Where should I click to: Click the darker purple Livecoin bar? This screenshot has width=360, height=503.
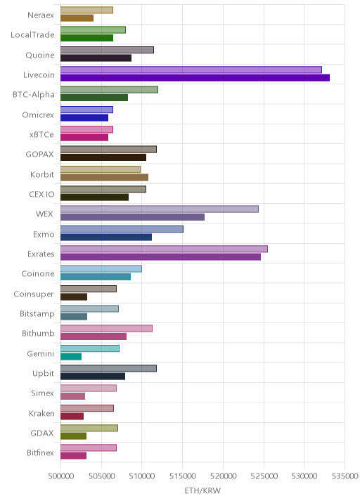[195, 78]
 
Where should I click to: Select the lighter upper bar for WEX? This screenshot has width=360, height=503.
[160, 209]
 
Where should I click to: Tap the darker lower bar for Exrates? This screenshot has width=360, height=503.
[160, 257]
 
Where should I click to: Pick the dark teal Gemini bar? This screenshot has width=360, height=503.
[71, 356]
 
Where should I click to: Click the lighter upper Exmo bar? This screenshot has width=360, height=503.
[122, 229]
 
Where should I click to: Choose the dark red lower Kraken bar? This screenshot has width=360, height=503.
[72, 416]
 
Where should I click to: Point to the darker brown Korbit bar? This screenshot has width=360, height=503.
[104, 178]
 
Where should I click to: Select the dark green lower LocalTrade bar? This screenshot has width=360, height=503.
[86, 38]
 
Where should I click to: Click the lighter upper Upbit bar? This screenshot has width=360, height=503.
[108, 368]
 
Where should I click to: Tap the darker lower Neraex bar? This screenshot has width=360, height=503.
[77, 18]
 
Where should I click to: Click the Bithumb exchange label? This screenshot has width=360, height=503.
[38, 333]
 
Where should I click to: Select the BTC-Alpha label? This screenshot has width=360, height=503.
[34, 94]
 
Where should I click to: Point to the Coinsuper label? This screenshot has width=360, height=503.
[34, 294]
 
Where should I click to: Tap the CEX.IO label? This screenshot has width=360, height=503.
[41, 194]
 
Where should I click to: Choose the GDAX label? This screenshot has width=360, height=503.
[42, 433]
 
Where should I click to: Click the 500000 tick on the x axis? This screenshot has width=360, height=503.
[60, 476]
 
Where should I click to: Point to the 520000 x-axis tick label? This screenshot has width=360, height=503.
[223, 476]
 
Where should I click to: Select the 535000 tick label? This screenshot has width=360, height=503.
[345, 476]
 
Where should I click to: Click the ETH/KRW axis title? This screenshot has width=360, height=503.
[202, 490]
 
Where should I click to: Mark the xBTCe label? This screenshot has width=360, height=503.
[41, 134]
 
